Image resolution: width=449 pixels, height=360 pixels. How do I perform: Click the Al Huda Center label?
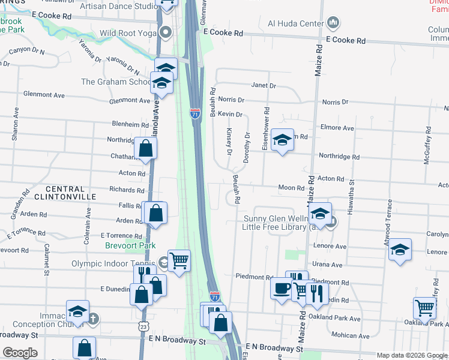[x=292, y=24]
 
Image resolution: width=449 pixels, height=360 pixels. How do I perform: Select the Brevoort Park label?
[x=130, y=245]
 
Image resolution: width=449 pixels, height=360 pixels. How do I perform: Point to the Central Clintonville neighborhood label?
[x=65, y=193]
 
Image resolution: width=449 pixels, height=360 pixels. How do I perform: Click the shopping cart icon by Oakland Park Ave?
[x=425, y=308]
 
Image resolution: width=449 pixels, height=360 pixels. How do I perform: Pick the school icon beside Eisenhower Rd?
[x=282, y=140]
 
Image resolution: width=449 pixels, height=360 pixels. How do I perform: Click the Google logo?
[x=20, y=353]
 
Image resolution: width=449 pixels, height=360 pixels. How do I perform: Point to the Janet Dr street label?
[x=264, y=86]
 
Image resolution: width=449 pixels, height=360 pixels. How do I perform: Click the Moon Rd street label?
[x=292, y=188]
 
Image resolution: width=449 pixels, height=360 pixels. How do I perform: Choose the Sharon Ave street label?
[x=16, y=124]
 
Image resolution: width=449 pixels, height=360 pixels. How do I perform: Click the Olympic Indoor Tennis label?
[x=113, y=263]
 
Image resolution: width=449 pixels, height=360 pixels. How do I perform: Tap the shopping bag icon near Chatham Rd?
[x=146, y=148]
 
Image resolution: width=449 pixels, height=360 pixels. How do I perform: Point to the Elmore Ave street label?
[x=337, y=127]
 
